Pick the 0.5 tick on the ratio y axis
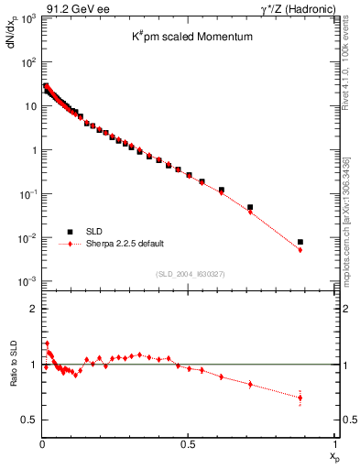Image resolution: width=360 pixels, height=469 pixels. click(31, 420)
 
